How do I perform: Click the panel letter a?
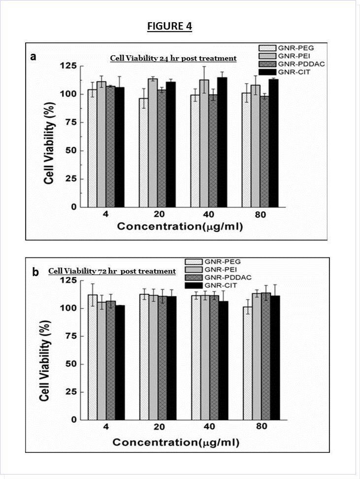[33, 57]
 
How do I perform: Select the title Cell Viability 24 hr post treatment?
[173, 59]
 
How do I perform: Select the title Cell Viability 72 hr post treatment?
[112, 271]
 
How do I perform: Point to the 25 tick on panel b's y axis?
[69, 392]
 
